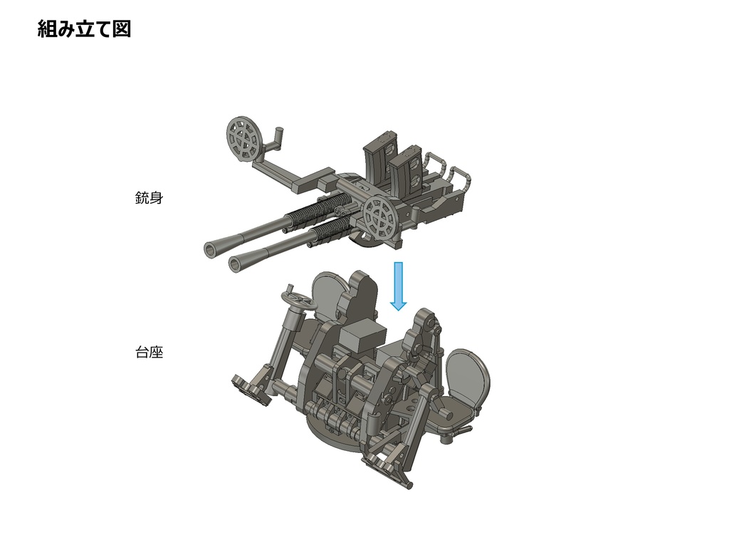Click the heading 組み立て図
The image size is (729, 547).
(x=84, y=29)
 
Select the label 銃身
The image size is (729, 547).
(x=149, y=198)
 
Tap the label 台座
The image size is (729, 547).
(x=149, y=352)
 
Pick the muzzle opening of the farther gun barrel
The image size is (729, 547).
(x=211, y=249)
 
